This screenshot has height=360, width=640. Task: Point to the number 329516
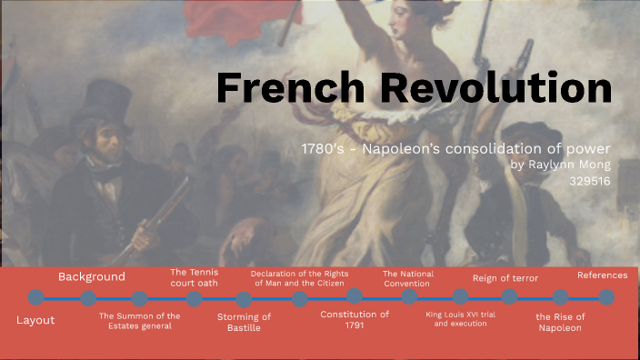pos(589,181)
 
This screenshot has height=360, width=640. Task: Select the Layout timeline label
pos(35,320)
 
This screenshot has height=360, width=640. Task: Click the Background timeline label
pos(92,276)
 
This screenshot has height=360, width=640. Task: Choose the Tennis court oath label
pos(194,276)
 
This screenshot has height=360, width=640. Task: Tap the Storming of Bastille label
pos(244,322)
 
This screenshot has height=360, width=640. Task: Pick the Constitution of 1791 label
pos(355,320)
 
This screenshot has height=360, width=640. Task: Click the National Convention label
pos(408,278)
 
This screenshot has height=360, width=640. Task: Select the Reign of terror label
pos(505,278)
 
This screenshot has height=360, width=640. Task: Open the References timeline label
pos(602,275)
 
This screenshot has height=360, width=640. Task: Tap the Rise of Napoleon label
pos(560,322)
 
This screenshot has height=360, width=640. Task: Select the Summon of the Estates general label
pos(139,321)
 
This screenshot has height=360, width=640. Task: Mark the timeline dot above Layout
pos(35,297)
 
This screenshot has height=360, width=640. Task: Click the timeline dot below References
pos(606,297)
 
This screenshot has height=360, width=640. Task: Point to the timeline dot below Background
pos(88,298)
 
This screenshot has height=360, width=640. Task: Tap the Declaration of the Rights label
pos(300,277)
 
